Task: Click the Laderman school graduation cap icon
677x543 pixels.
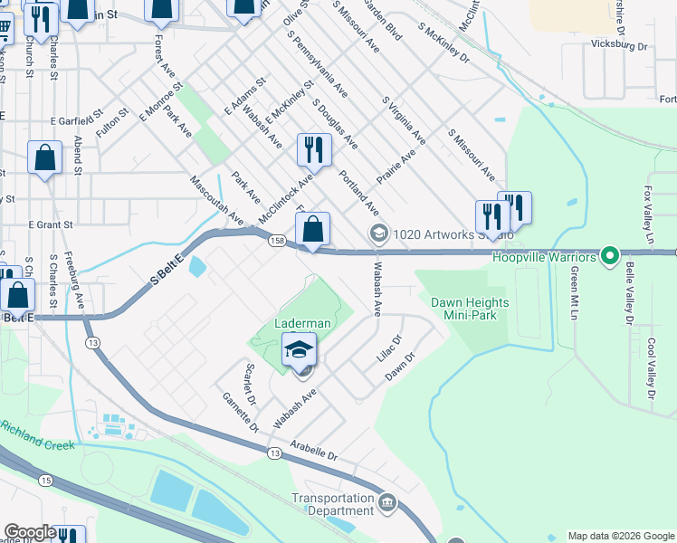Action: [x=300, y=349]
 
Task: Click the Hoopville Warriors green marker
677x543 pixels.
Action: [x=610, y=257]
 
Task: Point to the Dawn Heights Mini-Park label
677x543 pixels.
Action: [x=469, y=310]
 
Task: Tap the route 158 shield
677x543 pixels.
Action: [x=277, y=240]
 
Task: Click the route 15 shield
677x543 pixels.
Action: [x=45, y=479]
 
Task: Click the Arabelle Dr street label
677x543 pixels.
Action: [x=314, y=450]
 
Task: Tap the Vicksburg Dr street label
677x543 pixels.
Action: [x=619, y=44]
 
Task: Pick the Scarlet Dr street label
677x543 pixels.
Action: [x=252, y=385]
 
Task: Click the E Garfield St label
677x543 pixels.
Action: [x=73, y=120]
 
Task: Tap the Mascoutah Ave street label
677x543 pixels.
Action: [x=217, y=201]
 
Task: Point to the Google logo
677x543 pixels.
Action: [x=31, y=532]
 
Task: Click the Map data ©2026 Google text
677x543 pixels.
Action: [x=620, y=536]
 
